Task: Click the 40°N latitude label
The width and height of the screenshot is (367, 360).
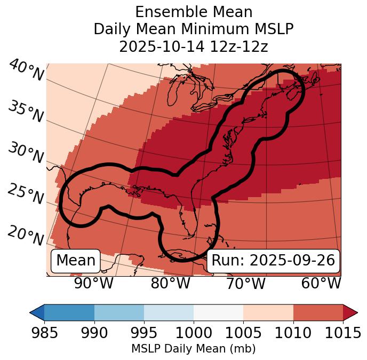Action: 26,71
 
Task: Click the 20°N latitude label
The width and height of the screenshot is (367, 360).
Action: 26,235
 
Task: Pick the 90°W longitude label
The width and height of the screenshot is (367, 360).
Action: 93,283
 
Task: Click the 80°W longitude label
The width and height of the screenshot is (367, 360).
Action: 170,283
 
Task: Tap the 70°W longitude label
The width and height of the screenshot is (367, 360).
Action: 245,283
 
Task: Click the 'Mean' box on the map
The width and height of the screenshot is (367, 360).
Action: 76,261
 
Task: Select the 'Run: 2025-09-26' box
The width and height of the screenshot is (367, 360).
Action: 273,261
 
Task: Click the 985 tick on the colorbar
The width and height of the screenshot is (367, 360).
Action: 44,333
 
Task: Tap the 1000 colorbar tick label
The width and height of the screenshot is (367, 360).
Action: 194,333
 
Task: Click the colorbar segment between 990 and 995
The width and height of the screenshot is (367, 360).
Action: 119,312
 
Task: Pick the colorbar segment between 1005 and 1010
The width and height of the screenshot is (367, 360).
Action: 268,312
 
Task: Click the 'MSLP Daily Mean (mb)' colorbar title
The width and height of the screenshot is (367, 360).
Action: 194,349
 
